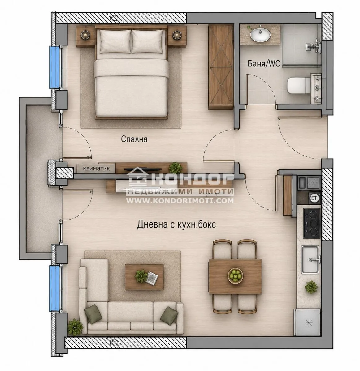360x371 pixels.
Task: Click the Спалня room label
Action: pos(134,139)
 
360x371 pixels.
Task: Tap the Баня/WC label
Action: pos(264,63)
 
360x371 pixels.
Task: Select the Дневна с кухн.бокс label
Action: pos(176,224)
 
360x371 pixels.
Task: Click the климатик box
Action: pos(96,168)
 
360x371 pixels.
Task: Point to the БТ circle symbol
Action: pos(314,198)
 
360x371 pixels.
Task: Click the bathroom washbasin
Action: pos(260,36)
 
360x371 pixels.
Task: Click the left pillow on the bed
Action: pos(115,41)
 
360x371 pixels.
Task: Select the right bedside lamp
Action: pos(176,35)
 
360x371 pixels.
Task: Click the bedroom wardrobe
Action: pos(221,67)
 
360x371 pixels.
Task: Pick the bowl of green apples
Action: pos(235,276)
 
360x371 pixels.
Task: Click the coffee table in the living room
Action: pos(144,277)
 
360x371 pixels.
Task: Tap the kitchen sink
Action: pos(310,259)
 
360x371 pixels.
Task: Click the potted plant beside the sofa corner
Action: pos(75,327)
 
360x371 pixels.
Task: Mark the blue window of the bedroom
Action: pos(54,67)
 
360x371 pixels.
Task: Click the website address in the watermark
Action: pos(180,201)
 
